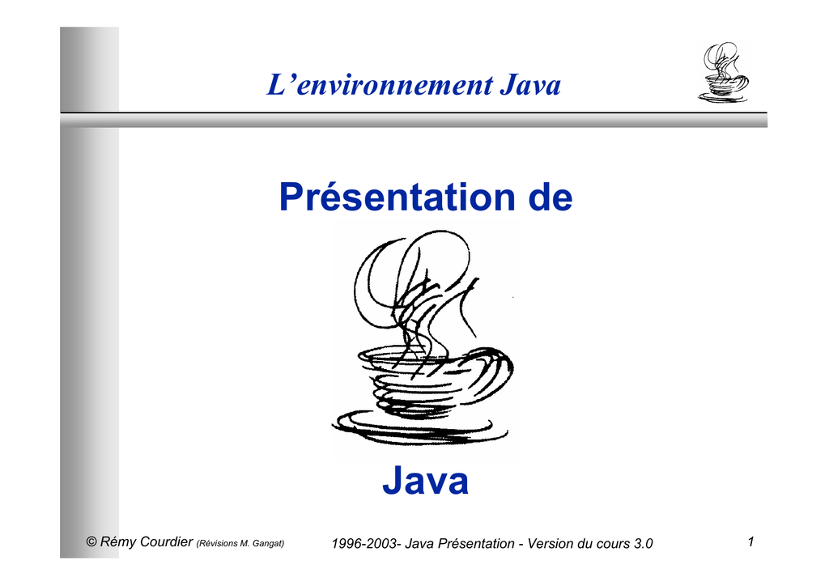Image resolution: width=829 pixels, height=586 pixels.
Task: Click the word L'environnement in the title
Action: click(380, 85)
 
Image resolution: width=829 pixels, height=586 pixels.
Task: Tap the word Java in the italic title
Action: click(530, 85)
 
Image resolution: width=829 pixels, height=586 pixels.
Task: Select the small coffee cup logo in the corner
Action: click(723, 72)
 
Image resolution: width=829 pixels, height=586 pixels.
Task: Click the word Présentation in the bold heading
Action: click(397, 197)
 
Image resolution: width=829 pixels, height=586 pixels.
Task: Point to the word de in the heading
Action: click(551, 197)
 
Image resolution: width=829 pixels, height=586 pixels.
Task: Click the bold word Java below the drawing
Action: click(426, 480)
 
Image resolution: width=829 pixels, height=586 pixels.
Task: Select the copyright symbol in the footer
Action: click(91, 541)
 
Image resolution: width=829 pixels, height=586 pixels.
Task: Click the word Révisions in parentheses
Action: click(217, 543)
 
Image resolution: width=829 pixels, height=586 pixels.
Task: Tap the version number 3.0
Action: click(644, 544)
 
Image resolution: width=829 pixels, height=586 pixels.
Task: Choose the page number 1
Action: click(750, 541)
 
